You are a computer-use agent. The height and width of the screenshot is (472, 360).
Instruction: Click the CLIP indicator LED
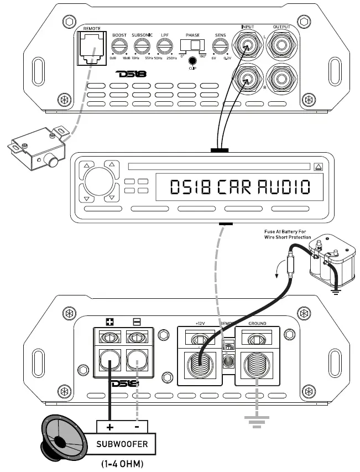coord(192,61)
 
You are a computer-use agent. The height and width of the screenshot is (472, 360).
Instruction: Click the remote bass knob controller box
coord(36,146)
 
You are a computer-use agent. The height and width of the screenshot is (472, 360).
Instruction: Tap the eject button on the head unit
coord(317,166)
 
